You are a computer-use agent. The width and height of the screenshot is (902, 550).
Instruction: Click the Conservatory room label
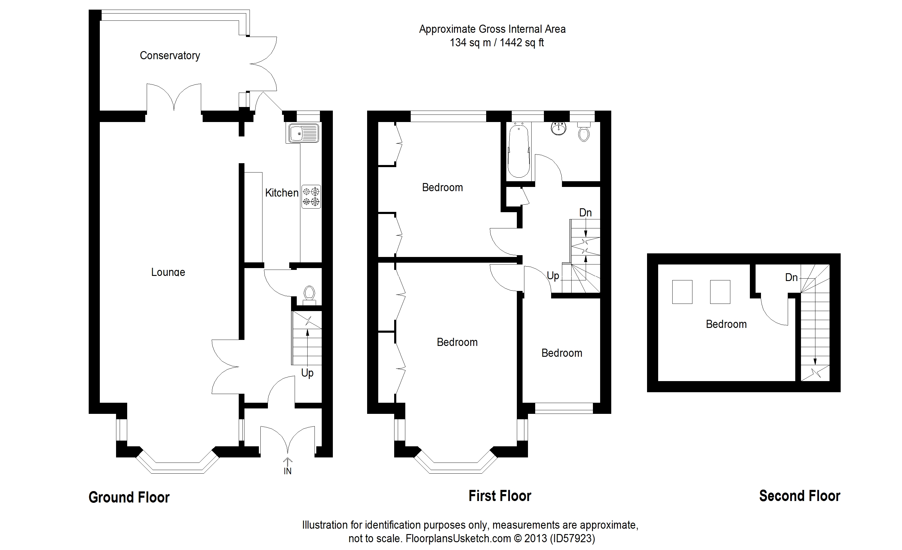click(x=170, y=56)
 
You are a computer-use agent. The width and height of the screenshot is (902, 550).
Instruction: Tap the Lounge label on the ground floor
click(x=168, y=272)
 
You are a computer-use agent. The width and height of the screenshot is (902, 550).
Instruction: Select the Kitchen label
click(x=281, y=193)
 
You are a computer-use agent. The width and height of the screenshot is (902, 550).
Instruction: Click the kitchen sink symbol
click(x=303, y=133)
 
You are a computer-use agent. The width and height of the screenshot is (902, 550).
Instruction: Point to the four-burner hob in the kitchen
click(x=311, y=197)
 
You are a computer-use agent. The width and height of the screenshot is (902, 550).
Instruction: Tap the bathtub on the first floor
click(x=518, y=150)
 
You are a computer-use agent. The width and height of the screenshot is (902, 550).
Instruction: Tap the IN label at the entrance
click(x=287, y=471)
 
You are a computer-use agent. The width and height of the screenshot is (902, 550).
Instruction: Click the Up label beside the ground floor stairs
click(x=307, y=373)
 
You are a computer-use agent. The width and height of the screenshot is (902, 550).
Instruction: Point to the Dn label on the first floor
click(x=585, y=212)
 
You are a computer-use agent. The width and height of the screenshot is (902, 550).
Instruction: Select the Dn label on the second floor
click(x=791, y=277)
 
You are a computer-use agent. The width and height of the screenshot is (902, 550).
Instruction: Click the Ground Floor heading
click(x=129, y=497)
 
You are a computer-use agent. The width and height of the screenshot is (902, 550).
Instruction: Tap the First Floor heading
click(x=500, y=496)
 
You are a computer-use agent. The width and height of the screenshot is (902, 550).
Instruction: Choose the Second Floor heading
click(x=799, y=496)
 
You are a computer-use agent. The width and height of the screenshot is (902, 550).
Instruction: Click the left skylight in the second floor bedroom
click(x=682, y=292)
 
